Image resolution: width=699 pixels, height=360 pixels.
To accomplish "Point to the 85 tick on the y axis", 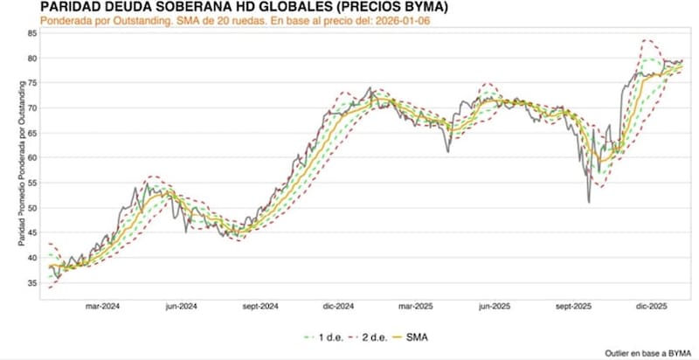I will pyautogui.click(x=32, y=33).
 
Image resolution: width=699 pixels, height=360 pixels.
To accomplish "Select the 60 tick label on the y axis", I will pyautogui.click(x=32, y=158).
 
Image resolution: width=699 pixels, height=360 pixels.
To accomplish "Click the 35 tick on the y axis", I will pyautogui.click(x=32, y=283).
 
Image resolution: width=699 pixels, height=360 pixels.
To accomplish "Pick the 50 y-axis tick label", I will pyautogui.click(x=32, y=208).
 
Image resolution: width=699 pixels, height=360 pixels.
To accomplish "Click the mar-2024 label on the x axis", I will pyautogui.click(x=102, y=307).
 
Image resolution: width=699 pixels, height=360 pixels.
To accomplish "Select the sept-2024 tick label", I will pyautogui.click(x=259, y=307).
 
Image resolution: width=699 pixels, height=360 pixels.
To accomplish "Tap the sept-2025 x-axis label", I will pyautogui.click(x=572, y=307).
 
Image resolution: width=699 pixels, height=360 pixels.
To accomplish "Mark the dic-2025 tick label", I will pyautogui.click(x=651, y=307).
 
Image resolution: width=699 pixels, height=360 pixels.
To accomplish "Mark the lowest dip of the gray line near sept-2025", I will pyautogui.click(x=588, y=203).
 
